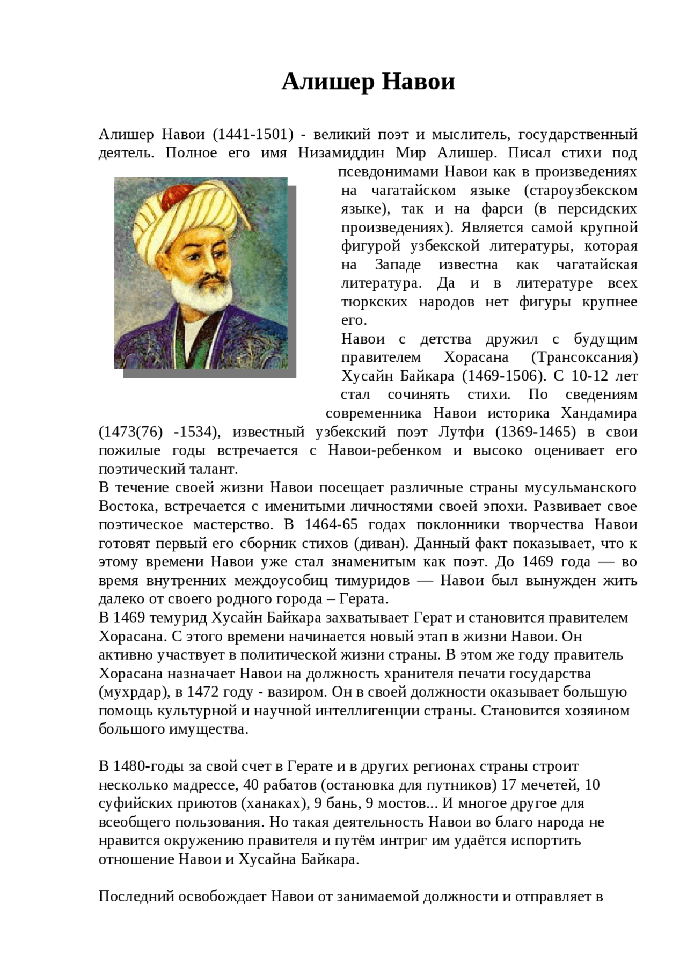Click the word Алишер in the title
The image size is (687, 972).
click(x=328, y=82)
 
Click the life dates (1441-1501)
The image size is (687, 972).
click(x=253, y=134)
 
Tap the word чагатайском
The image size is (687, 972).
click(x=414, y=191)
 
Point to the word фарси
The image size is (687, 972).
click(x=502, y=209)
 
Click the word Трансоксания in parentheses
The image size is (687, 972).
click(x=584, y=357)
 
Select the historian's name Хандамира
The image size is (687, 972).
click(x=599, y=413)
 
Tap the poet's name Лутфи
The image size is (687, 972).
click(x=461, y=432)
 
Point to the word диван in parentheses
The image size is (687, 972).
click(x=381, y=544)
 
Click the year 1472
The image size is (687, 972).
click(x=203, y=692)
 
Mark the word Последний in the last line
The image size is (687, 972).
click(x=136, y=896)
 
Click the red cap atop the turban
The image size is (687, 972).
click(x=178, y=195)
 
